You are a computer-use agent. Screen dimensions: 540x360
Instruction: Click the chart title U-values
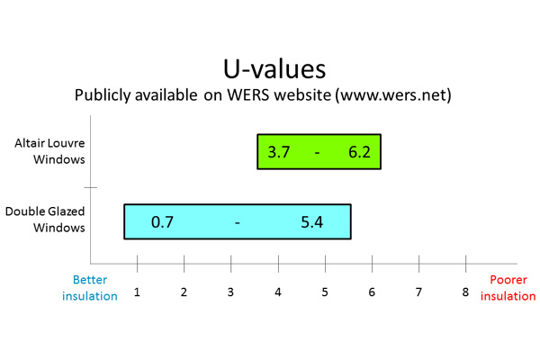click(x=274, y=69)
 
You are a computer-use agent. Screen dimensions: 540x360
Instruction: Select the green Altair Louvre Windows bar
click(x=319, y=151)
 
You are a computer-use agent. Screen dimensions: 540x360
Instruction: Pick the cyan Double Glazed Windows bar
click(x=238, y=221)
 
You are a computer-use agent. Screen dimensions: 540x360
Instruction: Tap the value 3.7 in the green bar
click(x=279, y=152)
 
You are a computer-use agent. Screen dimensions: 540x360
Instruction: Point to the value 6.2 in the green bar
click(x=359, y=152)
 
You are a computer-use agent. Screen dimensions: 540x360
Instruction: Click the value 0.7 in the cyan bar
click(x=162, y=222)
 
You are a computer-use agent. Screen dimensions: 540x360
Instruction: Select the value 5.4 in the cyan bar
click(x=312, y=222)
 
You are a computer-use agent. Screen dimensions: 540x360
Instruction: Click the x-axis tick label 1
click(x=137, y=292)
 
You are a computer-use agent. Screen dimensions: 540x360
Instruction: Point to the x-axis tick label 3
click(x=230, y=292)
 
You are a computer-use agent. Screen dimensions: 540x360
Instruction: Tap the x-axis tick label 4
click(x=278, y=292)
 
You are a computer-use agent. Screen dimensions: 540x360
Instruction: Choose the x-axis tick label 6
click(x=372, y=292)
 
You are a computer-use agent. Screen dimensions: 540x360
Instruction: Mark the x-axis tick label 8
click(x=465, y=292)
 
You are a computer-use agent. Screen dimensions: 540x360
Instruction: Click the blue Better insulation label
click(x=90, y=288)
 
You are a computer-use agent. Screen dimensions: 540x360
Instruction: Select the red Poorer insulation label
click(x=508, y=288)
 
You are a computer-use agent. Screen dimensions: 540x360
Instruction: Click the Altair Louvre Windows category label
click(x=49, y=151)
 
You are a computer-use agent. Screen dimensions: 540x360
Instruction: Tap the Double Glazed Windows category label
click(x=45, y=220)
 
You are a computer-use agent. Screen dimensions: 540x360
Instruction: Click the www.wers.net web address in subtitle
click(x=394, y=94)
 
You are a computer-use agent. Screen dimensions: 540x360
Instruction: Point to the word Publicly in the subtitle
click(x=103, y=95)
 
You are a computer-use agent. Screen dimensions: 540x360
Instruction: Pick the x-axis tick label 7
click(x=418, y=292)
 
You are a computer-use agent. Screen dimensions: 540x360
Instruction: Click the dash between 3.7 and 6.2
click(x=317, y=153)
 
